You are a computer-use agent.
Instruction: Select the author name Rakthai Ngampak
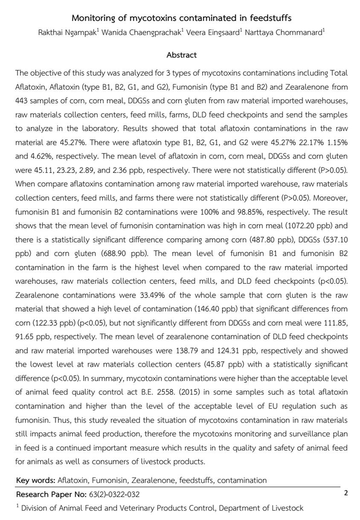66,33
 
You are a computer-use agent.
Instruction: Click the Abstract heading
181,55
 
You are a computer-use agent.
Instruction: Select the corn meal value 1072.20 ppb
309,225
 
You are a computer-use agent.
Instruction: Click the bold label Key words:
35,480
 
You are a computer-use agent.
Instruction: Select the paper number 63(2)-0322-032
114,494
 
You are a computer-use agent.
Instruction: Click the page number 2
346,494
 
